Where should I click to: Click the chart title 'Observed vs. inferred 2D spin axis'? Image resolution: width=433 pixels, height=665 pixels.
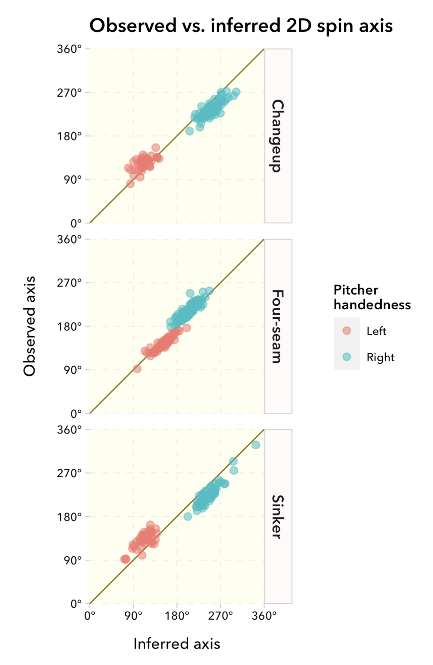[x=241, y=26]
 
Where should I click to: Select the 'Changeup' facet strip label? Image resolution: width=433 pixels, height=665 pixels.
[x=278, y=136]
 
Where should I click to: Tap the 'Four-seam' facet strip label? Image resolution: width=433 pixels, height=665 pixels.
[x=278, y=326]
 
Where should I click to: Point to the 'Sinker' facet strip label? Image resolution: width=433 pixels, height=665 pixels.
[x=278, y=517]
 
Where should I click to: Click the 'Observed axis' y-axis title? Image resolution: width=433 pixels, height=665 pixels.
[x=30, y=326]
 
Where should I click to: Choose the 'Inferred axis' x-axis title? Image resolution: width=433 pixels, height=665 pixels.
[x=177, y=644]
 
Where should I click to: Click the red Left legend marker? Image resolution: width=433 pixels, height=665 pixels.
[x=347, y=331]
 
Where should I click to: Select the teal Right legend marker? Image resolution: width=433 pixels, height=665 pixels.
[x=347, y=357]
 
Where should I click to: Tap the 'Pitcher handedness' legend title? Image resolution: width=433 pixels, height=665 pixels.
[x=372, y=297]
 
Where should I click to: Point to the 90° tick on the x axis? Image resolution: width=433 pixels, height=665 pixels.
[x=133, y=616]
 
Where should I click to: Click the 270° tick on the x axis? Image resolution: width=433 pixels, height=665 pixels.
[x=221, y=616]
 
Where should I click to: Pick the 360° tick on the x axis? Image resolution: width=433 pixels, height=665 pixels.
[x=264, y=616]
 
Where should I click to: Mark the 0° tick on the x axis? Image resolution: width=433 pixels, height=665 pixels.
[x=90, y=616]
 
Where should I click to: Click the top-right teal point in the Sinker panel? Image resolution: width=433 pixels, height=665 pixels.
[x=256, y=445]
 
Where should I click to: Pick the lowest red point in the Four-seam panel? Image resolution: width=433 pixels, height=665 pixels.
[x=137, y=369]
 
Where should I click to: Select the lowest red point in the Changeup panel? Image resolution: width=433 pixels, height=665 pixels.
[x=130, y=184]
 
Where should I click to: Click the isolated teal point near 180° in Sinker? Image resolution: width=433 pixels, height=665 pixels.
[x=188, y=516]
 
